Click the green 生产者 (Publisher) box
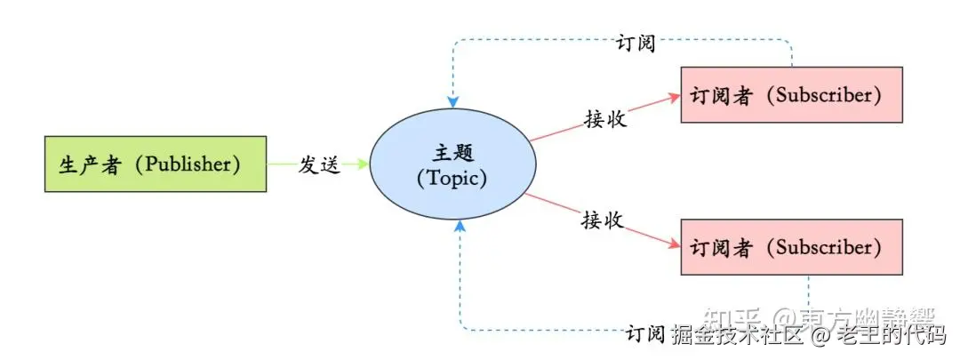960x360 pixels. pos(156,164)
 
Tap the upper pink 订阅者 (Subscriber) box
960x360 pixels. pos(791,95)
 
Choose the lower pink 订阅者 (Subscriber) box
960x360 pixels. pos(791,246)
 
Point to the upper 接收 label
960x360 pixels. pos(605,119)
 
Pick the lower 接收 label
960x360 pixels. pos(604,220)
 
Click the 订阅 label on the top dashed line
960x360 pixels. pos(635,43)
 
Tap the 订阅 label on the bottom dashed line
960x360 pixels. pos(645,334)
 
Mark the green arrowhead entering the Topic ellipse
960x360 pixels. pos(363,164)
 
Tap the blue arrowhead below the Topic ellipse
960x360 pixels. pos(459,227)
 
